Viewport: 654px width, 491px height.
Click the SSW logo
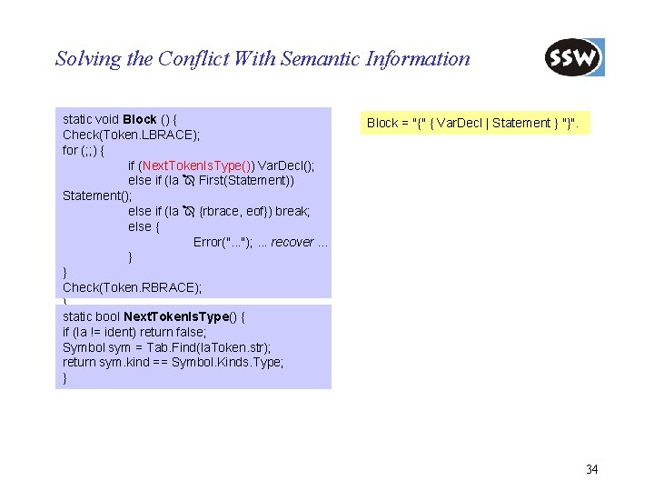pos(574,58)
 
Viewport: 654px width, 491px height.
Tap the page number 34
pos(591,469)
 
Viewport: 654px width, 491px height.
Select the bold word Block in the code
pos(140,119)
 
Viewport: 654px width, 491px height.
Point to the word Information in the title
pos(418,59)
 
